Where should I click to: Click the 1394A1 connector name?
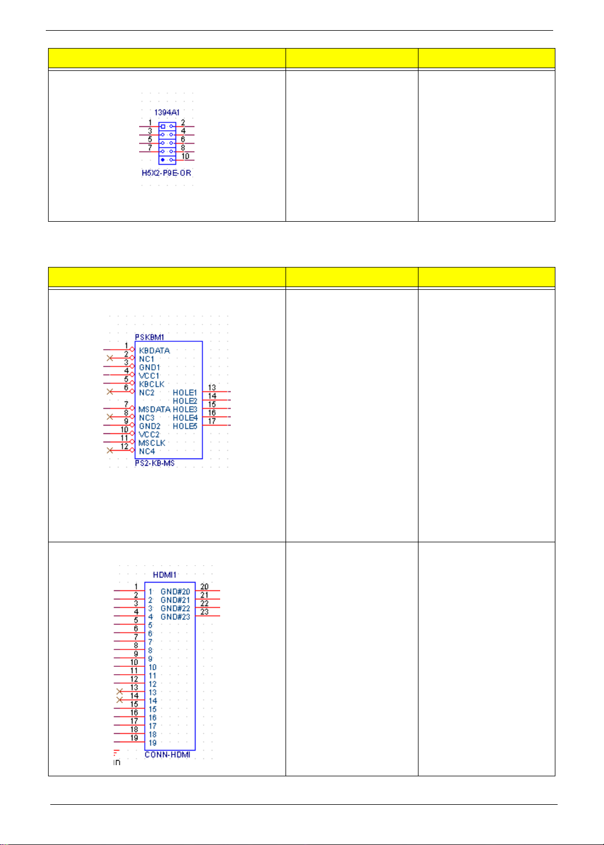167,113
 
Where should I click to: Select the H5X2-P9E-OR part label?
167,173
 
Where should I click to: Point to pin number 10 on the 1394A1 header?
186,156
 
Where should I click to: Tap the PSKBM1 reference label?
149,337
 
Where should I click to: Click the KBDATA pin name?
154,351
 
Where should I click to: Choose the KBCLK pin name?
152,384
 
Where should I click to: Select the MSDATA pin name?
154,409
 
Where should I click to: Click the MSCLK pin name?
152,443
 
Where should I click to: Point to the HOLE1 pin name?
185,393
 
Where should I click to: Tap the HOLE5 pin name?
185,426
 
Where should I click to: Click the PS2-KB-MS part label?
155,464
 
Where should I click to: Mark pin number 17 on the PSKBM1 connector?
212,421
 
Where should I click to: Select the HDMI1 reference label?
165,575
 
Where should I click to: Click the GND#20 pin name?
175,591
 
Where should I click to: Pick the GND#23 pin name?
175,617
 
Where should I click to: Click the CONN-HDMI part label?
168,755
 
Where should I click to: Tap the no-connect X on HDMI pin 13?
119,691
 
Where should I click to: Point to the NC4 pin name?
147,451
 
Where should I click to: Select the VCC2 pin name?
149,435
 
